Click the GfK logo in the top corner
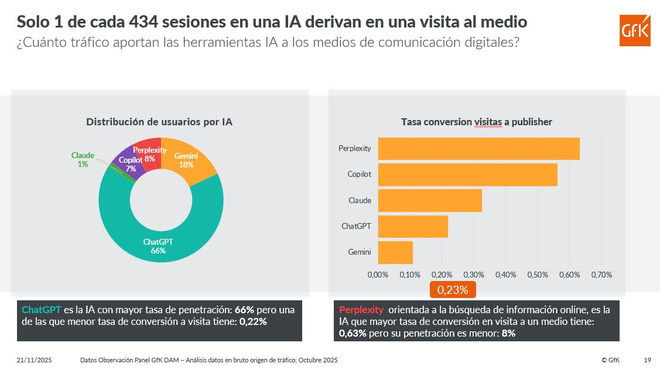(635, 30)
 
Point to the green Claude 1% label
(83, 159)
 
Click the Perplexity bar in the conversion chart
(478, 149)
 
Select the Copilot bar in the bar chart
(467, 174)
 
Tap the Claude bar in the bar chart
(430, 200)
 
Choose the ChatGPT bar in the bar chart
(413, 226)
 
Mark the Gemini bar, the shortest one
(395, 252)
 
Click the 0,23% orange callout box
(453, 289)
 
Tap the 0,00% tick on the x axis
(378, 275)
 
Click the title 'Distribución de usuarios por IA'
(159, 122)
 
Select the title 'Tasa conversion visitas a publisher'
(476, 122)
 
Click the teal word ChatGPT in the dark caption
(41, 309)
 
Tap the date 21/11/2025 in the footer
(35, 360)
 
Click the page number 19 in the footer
(647, 360)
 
